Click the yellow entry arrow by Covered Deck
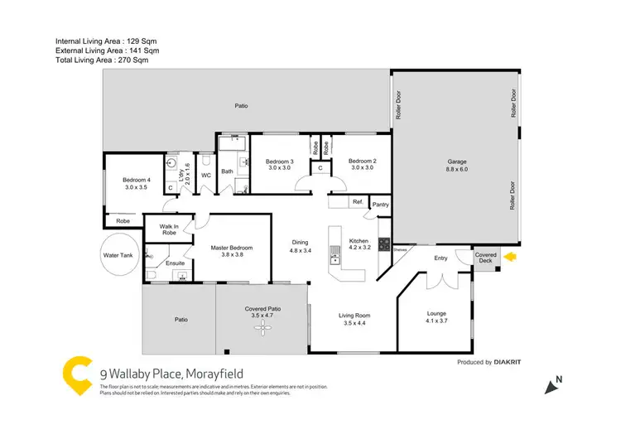(x=509, y=258)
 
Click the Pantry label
(x=381, y=204)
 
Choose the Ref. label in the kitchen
(x=358, y=201)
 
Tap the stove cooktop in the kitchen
(x=384, y=244)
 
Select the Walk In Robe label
(x=169, y=229)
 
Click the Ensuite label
(x=176, y=263)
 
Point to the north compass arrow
(x=551, y=384)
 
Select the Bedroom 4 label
(x=137, y=184)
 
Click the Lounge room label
(x=436, y=317)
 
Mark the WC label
(x=206, y=176)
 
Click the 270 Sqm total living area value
(x=135, y=59)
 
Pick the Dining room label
(x=300, y=245)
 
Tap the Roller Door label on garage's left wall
(x=398, y=107)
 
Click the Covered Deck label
(x=485, y=258)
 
